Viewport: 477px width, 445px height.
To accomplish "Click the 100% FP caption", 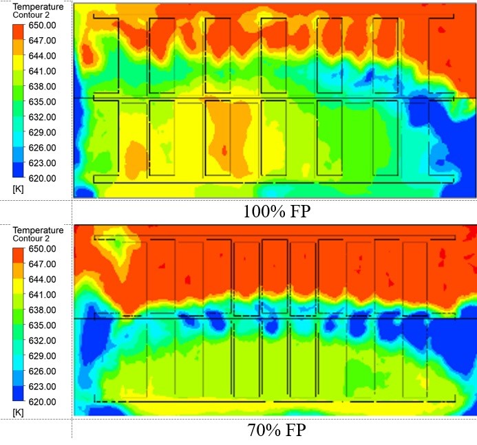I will pyautogui.click(x=277, y=211).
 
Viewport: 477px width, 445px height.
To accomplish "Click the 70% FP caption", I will pyautogui.click(x=277, y=431).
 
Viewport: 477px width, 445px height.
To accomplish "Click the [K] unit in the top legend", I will pyautogui.click(x=19, y=189).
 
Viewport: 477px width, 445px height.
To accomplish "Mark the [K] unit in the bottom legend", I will pyautogui.click(x=19, y=413).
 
